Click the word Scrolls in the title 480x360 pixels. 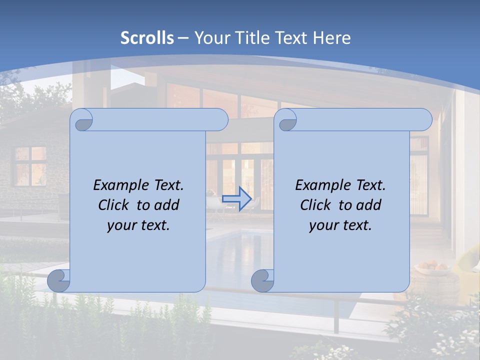point(147,38)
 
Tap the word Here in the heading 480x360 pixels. point(332,38)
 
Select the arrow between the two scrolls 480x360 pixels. point(236,198)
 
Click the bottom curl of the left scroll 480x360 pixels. point(59,280)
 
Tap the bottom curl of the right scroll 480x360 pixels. point(263,280)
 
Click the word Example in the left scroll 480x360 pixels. point(118,185)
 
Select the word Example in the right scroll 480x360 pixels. point(320,185)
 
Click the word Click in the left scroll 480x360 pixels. point(113,205)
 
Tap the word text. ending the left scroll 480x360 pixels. point(154,225)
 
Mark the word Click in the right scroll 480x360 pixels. point(315,205)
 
